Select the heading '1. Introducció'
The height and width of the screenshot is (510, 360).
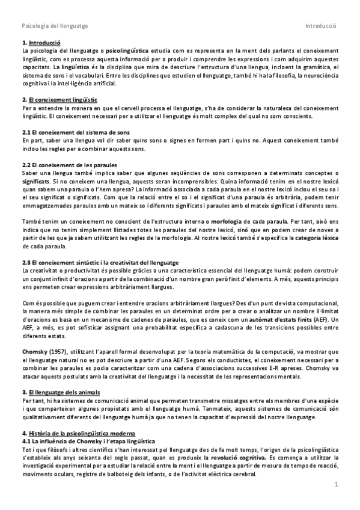pos(41,44)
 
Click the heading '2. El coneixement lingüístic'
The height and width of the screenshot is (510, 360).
pos(59,99)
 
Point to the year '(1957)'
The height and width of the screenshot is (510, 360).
pos(62,349)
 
